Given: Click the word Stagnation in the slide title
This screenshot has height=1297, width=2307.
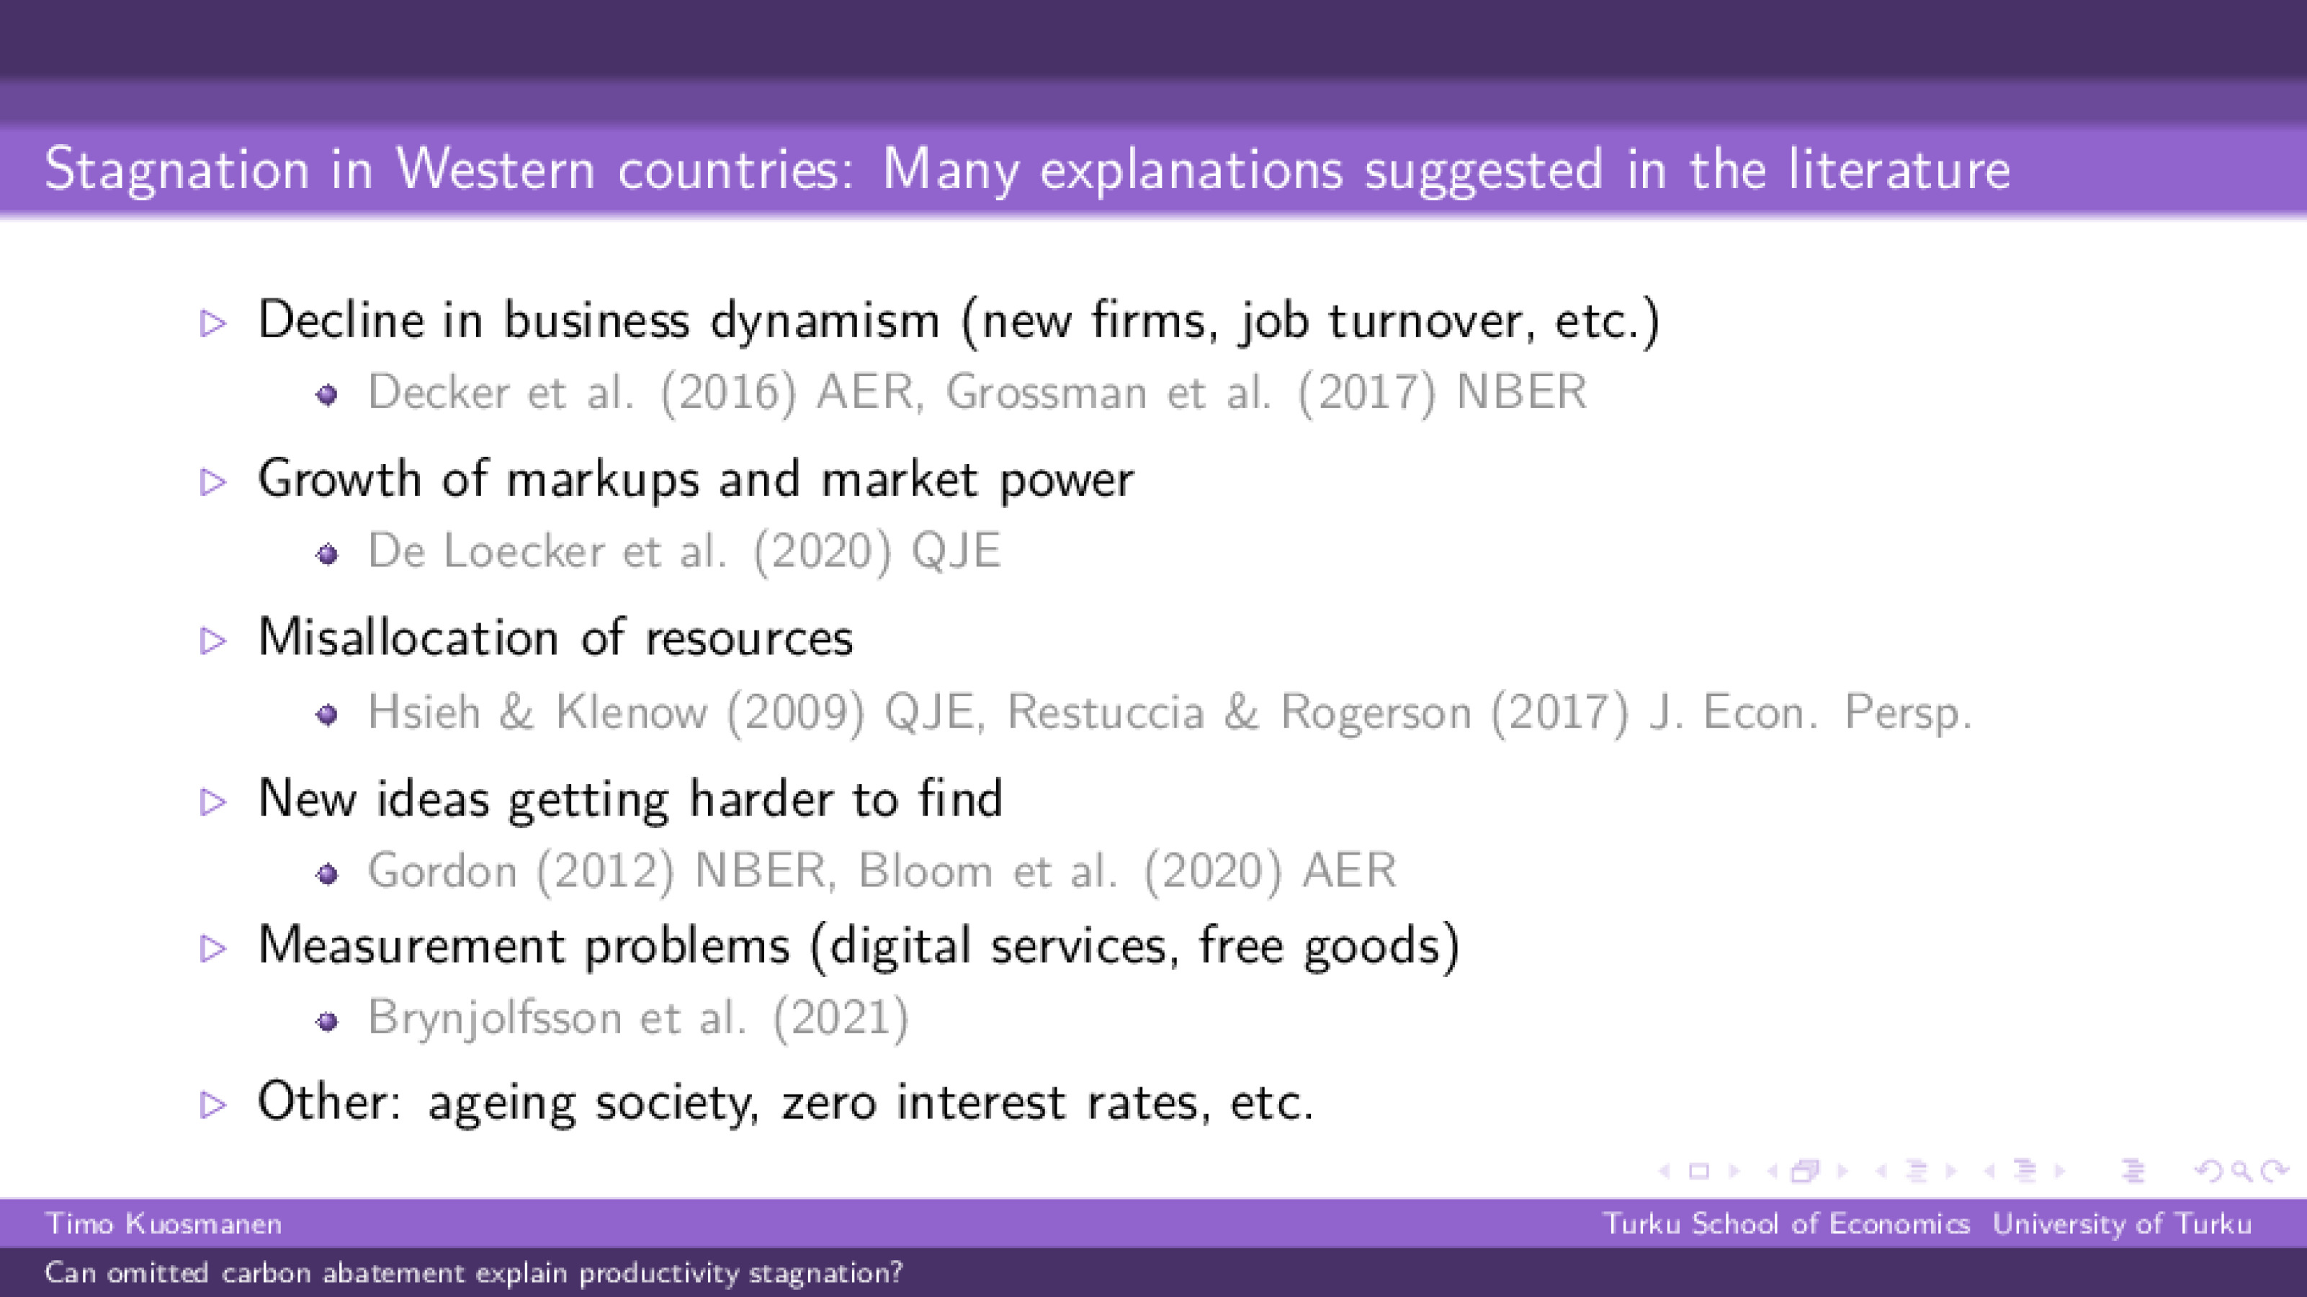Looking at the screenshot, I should coord(176,169).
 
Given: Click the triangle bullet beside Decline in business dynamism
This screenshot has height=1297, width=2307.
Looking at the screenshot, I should coord(213,323).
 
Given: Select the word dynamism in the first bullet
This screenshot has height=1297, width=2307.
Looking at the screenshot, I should coord(824,321).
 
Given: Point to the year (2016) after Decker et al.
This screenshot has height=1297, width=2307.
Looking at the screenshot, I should coord(727,392).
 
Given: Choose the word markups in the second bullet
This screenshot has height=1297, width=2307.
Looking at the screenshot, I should coord(602,480).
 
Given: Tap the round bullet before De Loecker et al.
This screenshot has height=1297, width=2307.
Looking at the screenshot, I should coord(328,554).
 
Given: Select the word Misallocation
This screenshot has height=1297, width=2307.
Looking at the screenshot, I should coord(408,638).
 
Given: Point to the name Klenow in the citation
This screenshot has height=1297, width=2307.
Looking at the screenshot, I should coord(630,712).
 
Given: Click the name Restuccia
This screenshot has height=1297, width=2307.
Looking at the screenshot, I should coord(1105,712).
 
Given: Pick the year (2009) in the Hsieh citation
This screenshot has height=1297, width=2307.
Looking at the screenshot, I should coord(795,712).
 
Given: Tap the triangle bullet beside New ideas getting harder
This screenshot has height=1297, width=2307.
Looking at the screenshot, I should coord(213,801).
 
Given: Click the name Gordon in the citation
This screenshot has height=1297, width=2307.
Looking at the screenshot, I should coord(442,870).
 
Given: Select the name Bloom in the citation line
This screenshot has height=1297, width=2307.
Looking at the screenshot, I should coord(924,870).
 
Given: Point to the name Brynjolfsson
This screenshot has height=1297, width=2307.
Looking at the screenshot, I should coord(494,1017).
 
